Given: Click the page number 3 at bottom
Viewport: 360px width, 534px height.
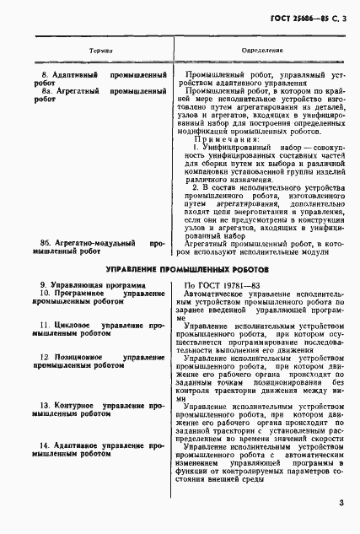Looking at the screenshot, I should tap(341, 504).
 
